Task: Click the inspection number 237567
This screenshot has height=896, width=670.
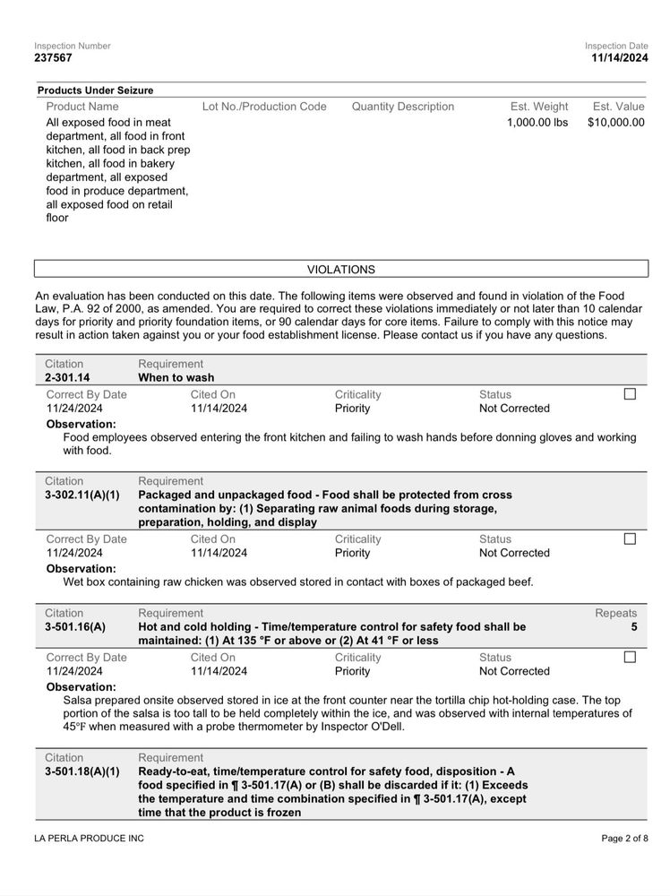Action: pyautogui.click(x=54, y=58)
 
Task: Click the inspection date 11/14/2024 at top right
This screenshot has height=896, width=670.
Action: pyautogui.click(x=619, y=58)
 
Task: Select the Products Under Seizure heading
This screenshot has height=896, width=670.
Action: pyautogui.click(x=95, y=90)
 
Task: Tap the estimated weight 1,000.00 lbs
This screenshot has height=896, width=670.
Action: pyautogui.click(x=537, y=123)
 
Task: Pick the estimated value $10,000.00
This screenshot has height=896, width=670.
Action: pyautogui.click(x=615, y=123)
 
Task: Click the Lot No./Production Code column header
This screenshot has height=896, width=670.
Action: pyautogui.click(x=264, y=107)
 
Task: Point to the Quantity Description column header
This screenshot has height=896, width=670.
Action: pyautogui.click(x=402, y=107)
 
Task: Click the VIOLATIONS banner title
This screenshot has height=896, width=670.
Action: pyautogui.click(x=341, y=269)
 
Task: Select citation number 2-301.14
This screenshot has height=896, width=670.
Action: pyautogui.click(x=67, y=378)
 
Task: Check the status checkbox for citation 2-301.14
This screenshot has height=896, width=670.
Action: pyautogui.click(x=630, y=394)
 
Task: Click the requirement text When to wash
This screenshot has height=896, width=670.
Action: pyautogui.click(x=176, y=378)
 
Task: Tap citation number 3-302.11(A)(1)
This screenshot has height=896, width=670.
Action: pyautogui.click(x=82, y=495)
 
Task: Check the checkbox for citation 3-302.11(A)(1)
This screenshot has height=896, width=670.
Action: pyautogui.click(x=630, y=539)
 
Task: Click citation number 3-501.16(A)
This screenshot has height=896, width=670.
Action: pyautogui.click(x=74, y=627)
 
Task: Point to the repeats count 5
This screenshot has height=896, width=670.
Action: pyautogui.click(x=634, y=627)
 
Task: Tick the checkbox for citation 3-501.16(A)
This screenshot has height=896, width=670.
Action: pyautogui.click(x=630, y=657)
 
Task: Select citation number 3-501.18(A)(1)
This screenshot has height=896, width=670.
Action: pyautogui.click(x=82, y=771)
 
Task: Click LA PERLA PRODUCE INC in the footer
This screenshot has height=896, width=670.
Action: pyautogui.click(x=89, y=839)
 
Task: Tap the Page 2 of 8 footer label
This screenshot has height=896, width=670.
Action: pyautogui.click(x=624, y=839)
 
